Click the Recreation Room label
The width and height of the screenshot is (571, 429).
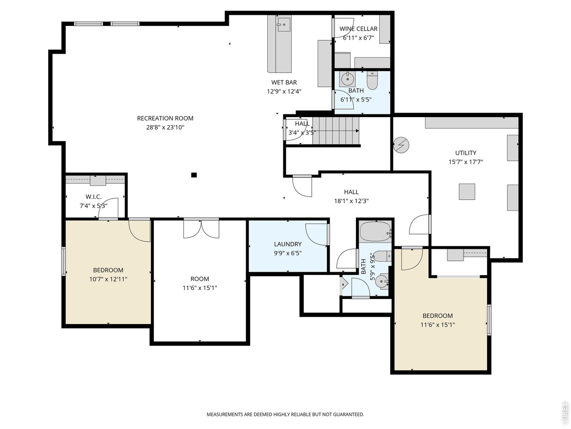[165, 118]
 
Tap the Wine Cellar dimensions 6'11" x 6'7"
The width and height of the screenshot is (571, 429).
[358, 38]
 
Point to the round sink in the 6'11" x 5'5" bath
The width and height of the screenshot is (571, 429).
[347, 80]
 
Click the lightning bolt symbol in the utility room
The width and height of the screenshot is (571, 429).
[401, 144]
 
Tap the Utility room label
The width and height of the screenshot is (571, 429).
[466, 153]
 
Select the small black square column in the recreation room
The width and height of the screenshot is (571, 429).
[194, 175]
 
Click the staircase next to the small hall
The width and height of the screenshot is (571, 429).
[335, 130]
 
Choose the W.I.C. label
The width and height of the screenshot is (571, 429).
[94, 197]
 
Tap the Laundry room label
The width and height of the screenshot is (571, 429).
[288, 244]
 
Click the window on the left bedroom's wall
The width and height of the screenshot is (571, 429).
[64, 261]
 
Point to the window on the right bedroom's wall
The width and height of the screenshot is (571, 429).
[489, 320]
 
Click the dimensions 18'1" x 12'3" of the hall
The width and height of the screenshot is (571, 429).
[352, 201]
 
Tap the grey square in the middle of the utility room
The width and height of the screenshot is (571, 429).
[467, 192]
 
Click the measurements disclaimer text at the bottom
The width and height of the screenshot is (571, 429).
[285, 414]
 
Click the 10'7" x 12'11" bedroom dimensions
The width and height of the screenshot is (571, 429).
[108, 279]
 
